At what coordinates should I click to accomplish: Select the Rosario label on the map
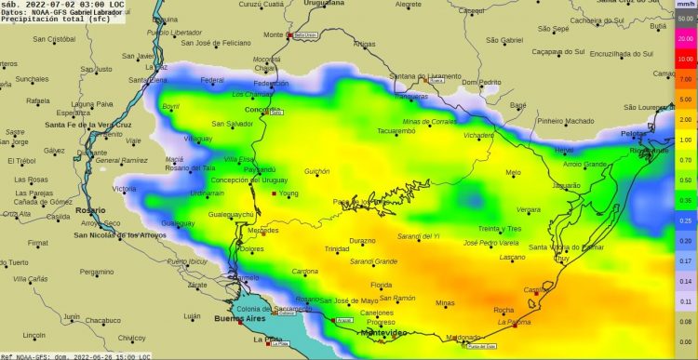[x=88, y=211]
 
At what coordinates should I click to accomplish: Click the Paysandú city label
[x=260, y=169]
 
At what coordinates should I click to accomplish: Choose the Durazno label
[x=362, y=240]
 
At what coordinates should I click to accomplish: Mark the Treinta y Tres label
[x=499, y=228]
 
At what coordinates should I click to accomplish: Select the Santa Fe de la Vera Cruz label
[x=79, y=125]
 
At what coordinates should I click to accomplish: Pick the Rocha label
[x=503, y=310]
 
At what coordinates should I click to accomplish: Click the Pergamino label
[x=95, y=273]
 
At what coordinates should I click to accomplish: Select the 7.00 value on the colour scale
[x=685, y=80]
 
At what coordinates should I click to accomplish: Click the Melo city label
[x=513, y=172]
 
